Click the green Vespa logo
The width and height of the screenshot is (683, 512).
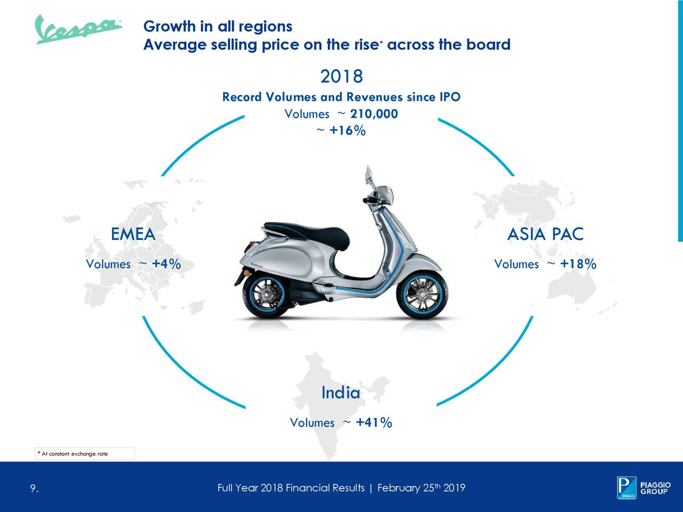[x=78, y=29]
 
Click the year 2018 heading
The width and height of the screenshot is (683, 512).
[x=341, y=76]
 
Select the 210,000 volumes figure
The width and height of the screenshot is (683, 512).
[x=374, y=114]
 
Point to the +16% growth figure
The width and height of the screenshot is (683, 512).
[x=347, y=130]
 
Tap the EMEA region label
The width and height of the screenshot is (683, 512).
[x=133, y=234]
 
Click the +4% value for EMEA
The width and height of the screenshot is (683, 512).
[x=166, y=264]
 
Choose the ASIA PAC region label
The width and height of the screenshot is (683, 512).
[x=545, y=234]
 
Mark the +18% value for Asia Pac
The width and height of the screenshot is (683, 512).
[x=578, y=264]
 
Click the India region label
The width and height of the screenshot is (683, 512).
[x=341, y=393]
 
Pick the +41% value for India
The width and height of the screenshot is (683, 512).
[x=374, y=422]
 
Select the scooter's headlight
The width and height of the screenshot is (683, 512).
[x=387, y=195]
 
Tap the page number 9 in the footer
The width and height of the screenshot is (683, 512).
[x=34, y=488]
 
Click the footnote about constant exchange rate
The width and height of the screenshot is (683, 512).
[x=73, y=453]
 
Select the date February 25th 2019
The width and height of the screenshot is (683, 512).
[x=421, y=487]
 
